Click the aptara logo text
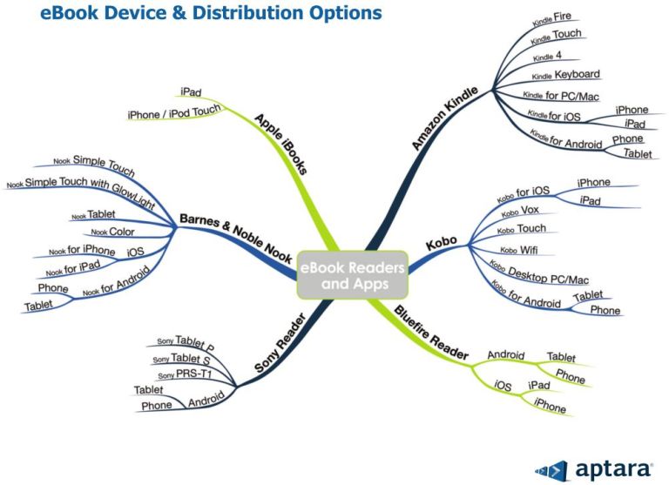pos(613,468)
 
